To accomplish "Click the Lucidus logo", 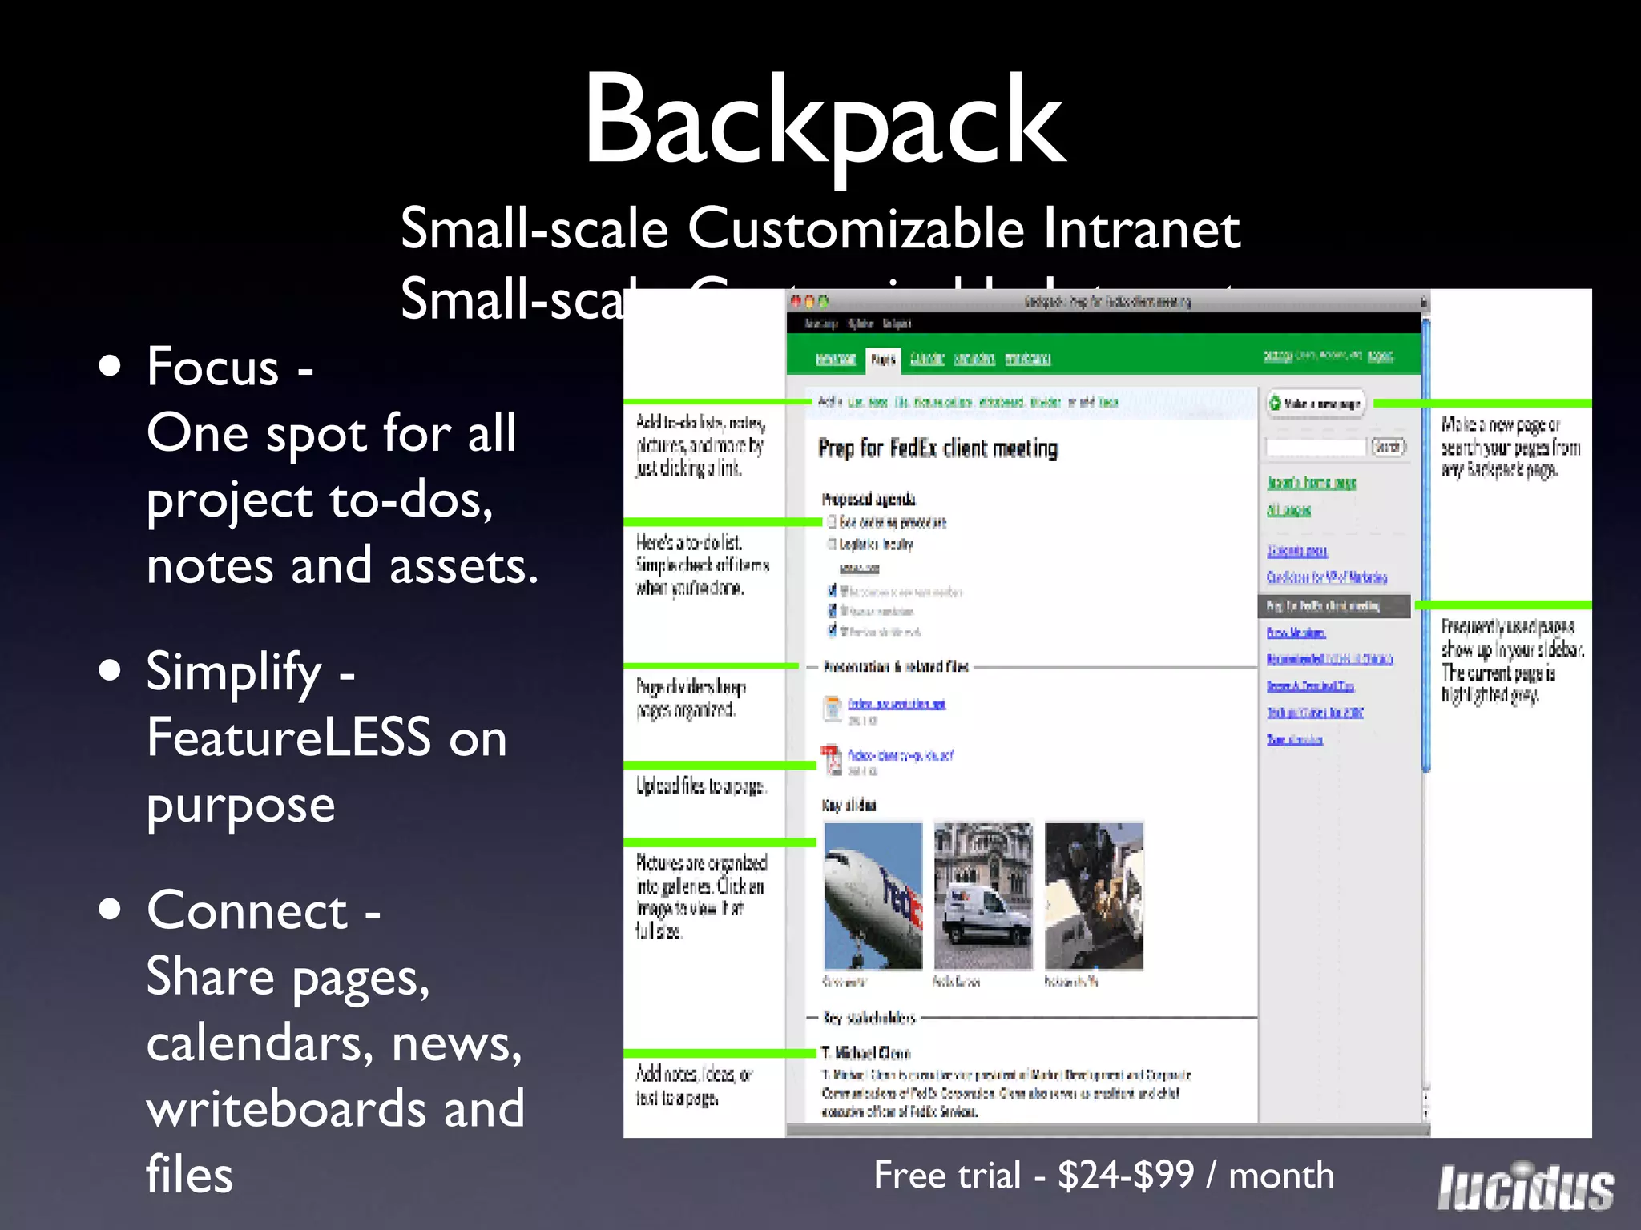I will click(1526, 1187).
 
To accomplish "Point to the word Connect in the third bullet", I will click(247, 911).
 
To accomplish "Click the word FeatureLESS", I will click(288, 738).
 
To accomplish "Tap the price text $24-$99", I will click(1126, 1176).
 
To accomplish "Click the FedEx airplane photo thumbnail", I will click(873, 896).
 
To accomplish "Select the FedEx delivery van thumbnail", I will click(983, 896).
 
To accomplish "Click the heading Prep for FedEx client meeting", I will click(937, 448).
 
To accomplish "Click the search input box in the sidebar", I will click(1316, 447).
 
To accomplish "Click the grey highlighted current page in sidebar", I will click(1333, 606).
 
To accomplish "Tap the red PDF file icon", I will click(832, 759).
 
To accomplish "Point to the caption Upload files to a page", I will click(701, 786).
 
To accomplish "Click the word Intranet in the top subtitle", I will click(1141, 229).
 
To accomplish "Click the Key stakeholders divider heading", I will click(869, 1018).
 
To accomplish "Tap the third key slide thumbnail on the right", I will click(1094, 896).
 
